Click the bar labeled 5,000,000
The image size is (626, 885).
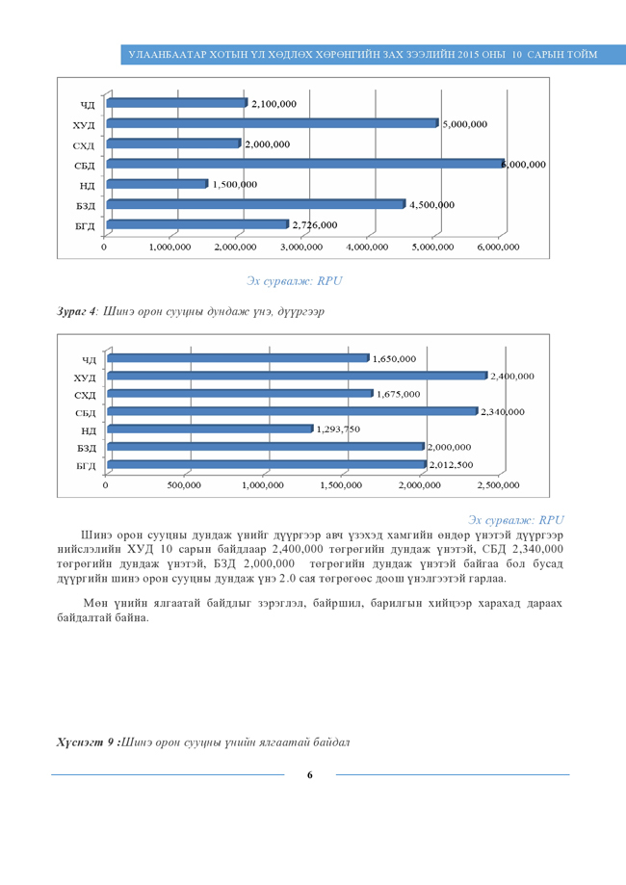coord(273,123)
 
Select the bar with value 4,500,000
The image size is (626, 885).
coord(256,204)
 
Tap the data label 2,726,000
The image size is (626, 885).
coord(315,225)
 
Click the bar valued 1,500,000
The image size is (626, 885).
coord(158,184)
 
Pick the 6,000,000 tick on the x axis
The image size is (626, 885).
coord(498,247)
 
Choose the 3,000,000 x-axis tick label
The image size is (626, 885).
coord(300,247)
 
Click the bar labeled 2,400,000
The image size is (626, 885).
coord(298,376)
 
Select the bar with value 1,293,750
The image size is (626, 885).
coord(210,429)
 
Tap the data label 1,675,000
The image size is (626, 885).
coord(398,394)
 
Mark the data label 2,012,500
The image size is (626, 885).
coord(451,465)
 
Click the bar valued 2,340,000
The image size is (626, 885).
coord(292,411)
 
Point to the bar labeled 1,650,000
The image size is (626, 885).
coord(238,358)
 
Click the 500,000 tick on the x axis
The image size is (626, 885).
coord(183,485)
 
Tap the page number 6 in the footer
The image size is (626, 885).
coord(310,774)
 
